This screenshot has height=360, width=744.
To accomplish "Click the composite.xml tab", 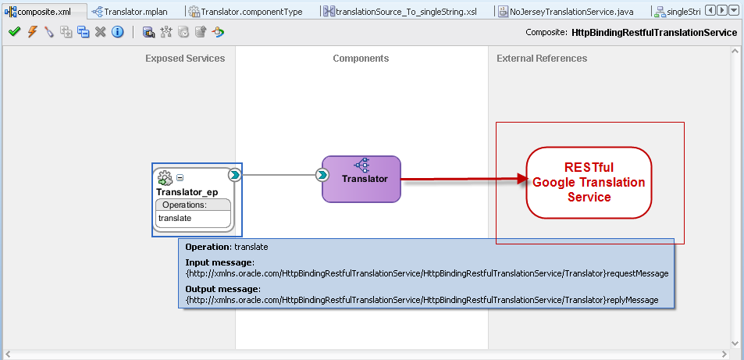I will pyautogui.click(x=43, y=12).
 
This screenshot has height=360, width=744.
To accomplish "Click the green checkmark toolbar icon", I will pyautogui.click(x=14, y=32).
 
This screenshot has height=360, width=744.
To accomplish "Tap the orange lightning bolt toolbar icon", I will pyautogui.click(x=32, y=32).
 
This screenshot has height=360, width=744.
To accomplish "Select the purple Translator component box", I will pyautogui.click(x=361, y=179).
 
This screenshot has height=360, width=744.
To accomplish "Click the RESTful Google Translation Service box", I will pyautogui.click(x=589, y=182).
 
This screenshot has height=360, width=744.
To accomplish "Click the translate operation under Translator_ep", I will pyautogui.click(x=175, y=218).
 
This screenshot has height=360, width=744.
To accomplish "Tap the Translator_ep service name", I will pyautogui.click(x=187, y=192).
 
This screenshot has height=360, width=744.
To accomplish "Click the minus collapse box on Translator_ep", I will pyautogui.click(x=180, y=177).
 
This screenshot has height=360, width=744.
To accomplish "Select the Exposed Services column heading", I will pyautogui.click(x=185, y=59).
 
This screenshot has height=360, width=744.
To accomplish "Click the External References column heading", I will pyautogui.click(x=542, y=59).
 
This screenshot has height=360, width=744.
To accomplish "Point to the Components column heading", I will pyautogui.click(x=361, y=59).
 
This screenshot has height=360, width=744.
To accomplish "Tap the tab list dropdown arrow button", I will pyautogui.click(x=734, y=11).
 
